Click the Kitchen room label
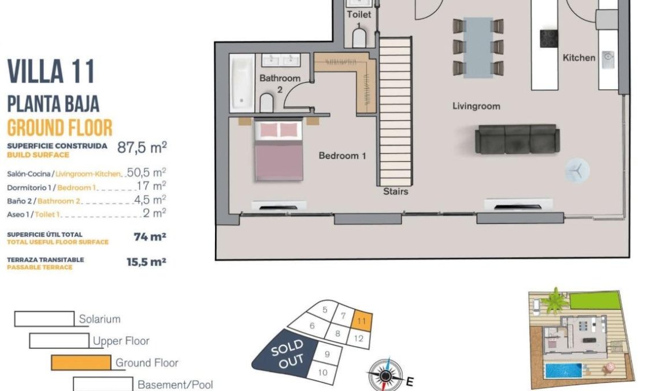[x=579, y=58]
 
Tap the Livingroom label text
[x=476, y=106]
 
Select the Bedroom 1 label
[x=342, y=156]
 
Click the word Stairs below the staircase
[x=395, y=191]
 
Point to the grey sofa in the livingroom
[x=517, y=139]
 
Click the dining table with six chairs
[x=478, y=46]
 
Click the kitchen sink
[x=607, y=57]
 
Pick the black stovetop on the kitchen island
[x=548, y=38]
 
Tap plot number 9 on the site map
[x=327, y=354]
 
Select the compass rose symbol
[x=385, y=375]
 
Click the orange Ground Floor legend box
[x=81, y=362]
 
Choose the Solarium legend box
[x=44, y=318]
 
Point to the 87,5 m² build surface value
[x=142, y=147]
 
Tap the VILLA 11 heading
[x=51, y=72]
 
